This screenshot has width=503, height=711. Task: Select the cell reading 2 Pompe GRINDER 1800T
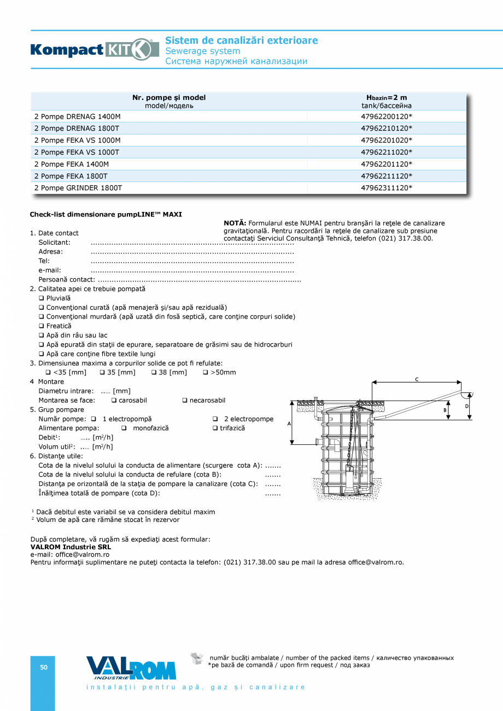click(78, 187)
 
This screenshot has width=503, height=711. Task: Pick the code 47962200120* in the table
click(386, 116)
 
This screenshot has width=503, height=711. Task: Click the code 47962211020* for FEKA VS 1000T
click(386, 152)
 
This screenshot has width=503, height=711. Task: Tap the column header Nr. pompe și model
click(169, 101)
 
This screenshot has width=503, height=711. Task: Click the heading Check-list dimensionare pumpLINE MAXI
click(106, 214)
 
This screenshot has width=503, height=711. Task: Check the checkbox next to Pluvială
click(42, 298)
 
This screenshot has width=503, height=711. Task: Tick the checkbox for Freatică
click(42, 326)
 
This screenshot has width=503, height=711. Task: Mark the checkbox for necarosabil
click(185, 401)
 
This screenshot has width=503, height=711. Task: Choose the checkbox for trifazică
click(215, 428)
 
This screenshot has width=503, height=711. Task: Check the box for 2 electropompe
click(215, 419)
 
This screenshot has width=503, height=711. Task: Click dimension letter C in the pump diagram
click(417, 379)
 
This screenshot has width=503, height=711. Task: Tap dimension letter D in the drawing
click(467, 407)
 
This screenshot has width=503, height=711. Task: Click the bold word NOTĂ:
click(235, 223)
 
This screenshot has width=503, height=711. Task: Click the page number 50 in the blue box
click(43, 667)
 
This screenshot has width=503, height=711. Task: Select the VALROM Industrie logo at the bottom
click(131, 668)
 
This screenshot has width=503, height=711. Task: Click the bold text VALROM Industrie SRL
click(71, 547)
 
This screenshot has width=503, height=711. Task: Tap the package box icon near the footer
click(196, 659)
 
